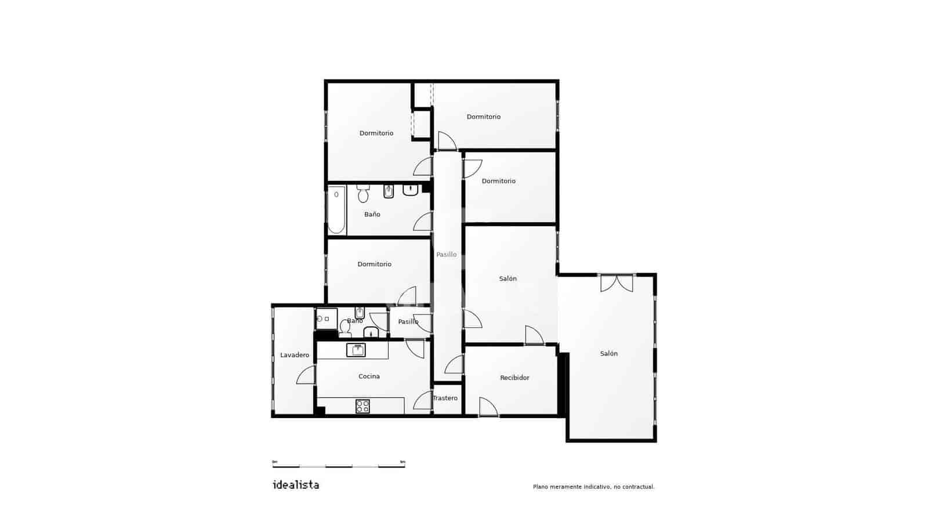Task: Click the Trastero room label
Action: click(445, 398)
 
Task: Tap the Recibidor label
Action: click(514, 378)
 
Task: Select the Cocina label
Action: click(369, 376)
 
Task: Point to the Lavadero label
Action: click(295, 355)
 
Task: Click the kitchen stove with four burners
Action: click(362, 406)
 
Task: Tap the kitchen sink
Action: click(356, 350)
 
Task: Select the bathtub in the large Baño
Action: click(336, 209)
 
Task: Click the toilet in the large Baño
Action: click(363, 194)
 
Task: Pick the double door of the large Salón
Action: click(617, 282)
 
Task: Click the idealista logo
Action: click(296, 485)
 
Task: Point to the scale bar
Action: click(339, 464)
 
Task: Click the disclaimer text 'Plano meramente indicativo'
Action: click(593, 487)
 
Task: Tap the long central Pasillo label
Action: click(447, 255)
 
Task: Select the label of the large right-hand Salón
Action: click(609, 354)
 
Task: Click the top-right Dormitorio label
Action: click(484, 117)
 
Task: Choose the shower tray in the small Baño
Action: click(326, 319)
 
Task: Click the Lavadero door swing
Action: click(306, 375)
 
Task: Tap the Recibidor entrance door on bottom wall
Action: click(488, 407)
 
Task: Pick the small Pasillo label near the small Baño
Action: click(408, 322)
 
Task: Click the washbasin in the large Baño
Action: click(411, 190)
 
